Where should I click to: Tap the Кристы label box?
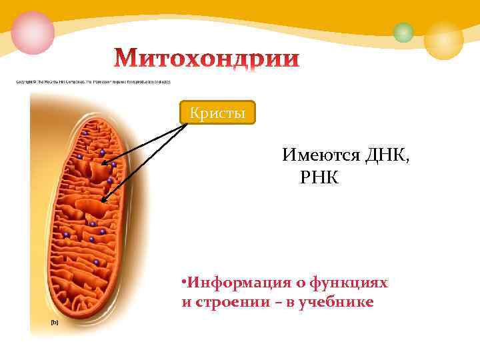coord(218,113)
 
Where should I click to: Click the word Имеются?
coord(321,157)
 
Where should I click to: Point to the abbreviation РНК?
coord(320,177)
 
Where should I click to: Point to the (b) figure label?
coord(55,322)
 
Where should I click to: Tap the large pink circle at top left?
coord(32,32)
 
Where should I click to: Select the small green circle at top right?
coord(403,32)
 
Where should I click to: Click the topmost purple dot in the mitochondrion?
coord(85,133)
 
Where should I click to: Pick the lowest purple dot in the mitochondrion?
coord(97,263)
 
